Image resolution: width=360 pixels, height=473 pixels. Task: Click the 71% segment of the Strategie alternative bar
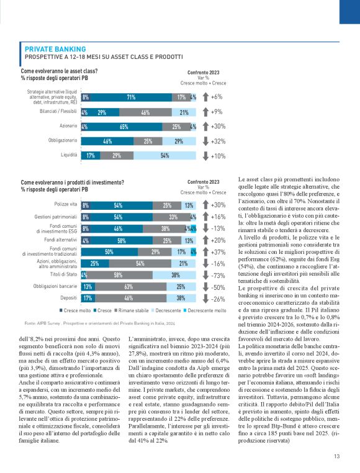tap(131, 97)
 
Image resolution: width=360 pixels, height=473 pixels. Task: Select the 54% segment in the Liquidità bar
tap(164, 155)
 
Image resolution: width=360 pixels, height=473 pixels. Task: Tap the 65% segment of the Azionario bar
tap(124, 127)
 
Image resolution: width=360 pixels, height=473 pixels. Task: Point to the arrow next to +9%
tap(205, 112)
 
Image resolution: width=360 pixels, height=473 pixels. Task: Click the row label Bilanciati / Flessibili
tap(56, 112)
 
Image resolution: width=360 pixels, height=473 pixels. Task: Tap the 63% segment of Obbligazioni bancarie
tap(128, 287)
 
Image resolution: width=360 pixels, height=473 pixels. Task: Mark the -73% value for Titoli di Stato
tap(218, 275)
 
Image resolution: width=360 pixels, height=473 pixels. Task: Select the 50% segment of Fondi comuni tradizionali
tap(109, 252)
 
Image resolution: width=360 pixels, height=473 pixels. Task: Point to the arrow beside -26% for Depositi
tap(205, 299)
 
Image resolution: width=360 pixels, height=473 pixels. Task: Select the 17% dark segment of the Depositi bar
tap(88, 299)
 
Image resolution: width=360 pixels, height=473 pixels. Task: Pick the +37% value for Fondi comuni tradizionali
tap(218, 252)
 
